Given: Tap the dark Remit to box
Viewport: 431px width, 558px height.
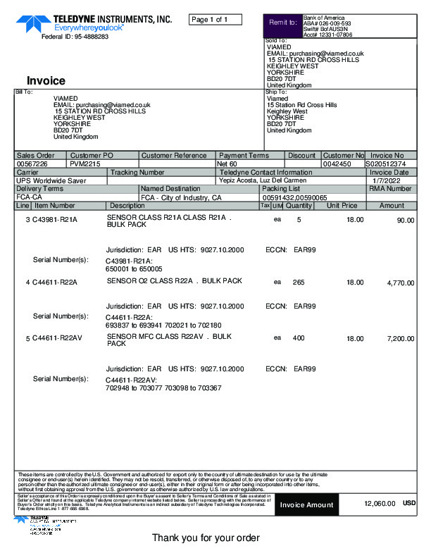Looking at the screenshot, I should pos(282,23).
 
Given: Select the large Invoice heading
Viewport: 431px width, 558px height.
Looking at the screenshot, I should pos(46,80).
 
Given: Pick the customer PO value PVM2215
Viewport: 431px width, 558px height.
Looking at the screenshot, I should pos(85,163).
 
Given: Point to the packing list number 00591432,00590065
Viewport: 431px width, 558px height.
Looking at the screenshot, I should pos(295,197).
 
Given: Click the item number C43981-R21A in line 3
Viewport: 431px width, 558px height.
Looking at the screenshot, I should pos(55,220).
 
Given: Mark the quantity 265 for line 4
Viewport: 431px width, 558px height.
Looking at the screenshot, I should pos(299,282).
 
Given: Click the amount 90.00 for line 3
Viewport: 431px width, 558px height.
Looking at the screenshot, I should pos(406,220).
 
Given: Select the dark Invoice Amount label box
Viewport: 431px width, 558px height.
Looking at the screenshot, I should pos(306,504).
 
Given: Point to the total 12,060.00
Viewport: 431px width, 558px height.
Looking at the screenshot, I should pos(380,504).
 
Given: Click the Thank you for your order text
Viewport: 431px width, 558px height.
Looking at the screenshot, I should pos(206,538).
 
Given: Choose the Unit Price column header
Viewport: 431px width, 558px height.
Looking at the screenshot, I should pos(342,206).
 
